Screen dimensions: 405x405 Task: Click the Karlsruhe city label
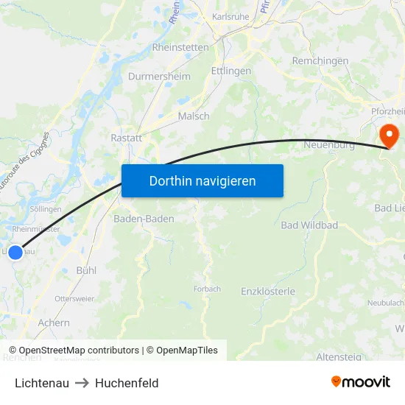coord(231,16)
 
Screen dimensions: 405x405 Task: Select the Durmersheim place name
coord(159,77)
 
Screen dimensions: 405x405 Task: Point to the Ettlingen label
coord(231,71)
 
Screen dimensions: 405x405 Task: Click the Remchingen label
coord(320,61)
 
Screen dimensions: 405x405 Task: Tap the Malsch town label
coord(194,116)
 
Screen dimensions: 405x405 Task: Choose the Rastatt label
coord(126,138)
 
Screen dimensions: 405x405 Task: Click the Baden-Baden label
coord(144,219)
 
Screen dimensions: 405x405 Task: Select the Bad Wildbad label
coord(309,225)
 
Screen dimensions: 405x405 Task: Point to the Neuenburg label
coord(329,145)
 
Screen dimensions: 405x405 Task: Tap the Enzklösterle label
coord(268,292)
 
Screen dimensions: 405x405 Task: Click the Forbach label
coord(207,289)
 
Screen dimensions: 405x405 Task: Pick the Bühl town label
coord(86,270)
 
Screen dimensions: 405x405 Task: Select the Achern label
coord(54,323)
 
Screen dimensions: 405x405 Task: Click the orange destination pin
coord(387,134)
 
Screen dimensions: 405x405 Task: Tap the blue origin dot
coord(15,253)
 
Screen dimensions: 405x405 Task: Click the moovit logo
coord(360,382)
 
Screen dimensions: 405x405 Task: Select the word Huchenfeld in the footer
coord(127,383)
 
